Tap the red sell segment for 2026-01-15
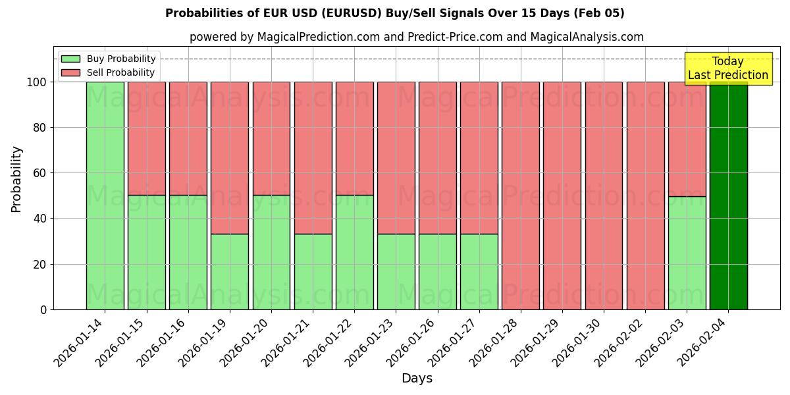click(x=146, y=138)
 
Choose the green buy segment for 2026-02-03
click(x=687, y=253)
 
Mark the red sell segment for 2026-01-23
click(x=396, y=158)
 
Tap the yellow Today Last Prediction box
click(x=727, y=68)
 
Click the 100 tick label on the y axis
click(x=36, y=82)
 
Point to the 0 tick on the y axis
click(x=43, y=309)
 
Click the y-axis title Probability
click(x=16, y=178)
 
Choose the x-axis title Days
click(x=417, y=379)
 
